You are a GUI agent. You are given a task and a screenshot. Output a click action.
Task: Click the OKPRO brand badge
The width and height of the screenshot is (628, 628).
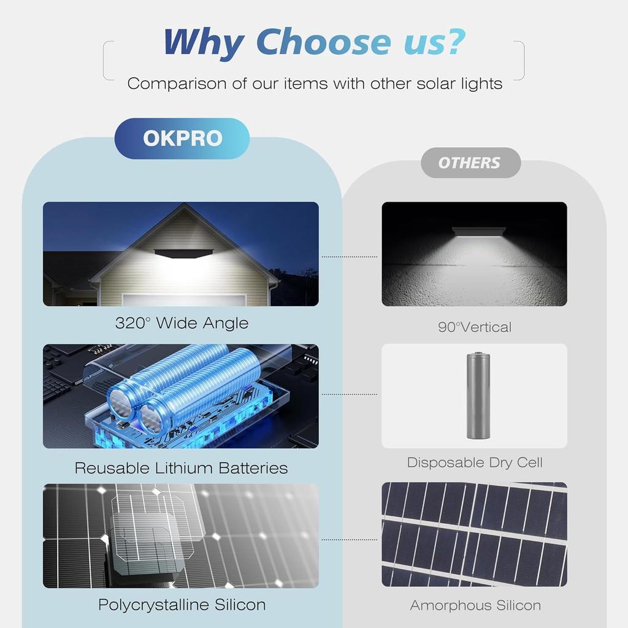tap(182, 139)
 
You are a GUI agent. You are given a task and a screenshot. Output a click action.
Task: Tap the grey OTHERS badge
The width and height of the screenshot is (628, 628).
tap(470, 163)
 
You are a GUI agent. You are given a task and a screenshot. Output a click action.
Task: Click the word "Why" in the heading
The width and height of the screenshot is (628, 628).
tap(203, 42)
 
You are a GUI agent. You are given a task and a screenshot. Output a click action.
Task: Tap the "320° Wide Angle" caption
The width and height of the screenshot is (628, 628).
tap(182, 323)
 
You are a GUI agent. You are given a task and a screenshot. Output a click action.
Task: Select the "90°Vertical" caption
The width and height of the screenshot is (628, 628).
tap(474, 327)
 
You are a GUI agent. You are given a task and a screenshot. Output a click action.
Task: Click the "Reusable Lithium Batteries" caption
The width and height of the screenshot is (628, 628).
tap(181, 468)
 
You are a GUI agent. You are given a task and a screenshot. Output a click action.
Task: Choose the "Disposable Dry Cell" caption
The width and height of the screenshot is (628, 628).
tap(475, 462)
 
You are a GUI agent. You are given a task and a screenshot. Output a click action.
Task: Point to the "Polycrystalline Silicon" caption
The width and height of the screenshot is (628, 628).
tap(182, 605)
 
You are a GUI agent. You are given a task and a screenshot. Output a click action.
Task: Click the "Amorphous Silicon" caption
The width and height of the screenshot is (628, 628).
tap(475, 606)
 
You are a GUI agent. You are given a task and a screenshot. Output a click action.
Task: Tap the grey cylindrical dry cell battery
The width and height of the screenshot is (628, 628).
tap(478, 396)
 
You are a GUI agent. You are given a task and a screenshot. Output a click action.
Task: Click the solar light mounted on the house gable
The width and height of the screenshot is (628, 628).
tap(183, 253)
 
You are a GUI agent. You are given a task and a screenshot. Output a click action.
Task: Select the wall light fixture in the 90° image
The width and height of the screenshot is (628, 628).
tap(478, 231)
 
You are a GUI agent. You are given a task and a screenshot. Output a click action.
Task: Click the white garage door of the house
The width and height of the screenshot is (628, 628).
tap(183, 300)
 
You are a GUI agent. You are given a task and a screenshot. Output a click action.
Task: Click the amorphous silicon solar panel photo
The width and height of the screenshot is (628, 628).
tap(474, 534)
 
